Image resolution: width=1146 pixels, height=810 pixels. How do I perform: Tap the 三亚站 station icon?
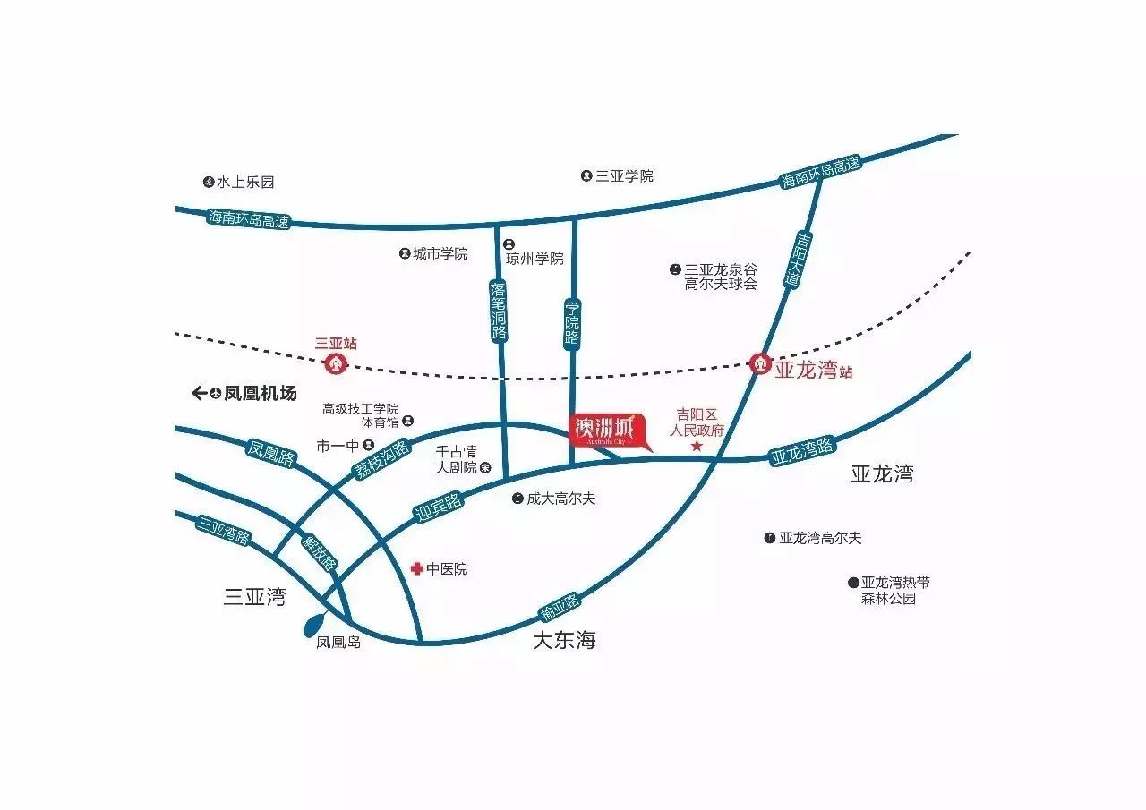336,363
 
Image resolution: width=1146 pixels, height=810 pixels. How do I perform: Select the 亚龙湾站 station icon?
760,363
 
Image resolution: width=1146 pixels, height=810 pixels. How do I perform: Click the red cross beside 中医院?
416,568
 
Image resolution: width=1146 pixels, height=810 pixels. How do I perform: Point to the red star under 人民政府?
697,446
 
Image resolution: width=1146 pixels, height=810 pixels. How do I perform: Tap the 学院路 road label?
572,323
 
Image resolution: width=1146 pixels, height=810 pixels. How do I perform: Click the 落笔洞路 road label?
499,311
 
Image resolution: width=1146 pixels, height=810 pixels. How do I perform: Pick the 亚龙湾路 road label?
802,450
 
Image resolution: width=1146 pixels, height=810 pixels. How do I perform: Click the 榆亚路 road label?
560,607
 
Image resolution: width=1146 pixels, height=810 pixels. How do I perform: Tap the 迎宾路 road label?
439,507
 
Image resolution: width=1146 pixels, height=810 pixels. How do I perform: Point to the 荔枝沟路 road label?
381,459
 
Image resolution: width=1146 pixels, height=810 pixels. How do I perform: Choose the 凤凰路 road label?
270,454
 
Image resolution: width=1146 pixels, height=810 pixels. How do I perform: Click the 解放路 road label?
319,553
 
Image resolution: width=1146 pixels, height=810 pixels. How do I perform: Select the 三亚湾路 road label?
224,531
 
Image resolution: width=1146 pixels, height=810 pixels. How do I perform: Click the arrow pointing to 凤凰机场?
200,393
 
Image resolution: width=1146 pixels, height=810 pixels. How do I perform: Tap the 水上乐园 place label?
244,182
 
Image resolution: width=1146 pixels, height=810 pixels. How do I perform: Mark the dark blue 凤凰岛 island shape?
316,621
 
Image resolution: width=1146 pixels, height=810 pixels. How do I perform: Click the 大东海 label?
564,641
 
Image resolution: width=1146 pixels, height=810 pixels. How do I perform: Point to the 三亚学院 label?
624,176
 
